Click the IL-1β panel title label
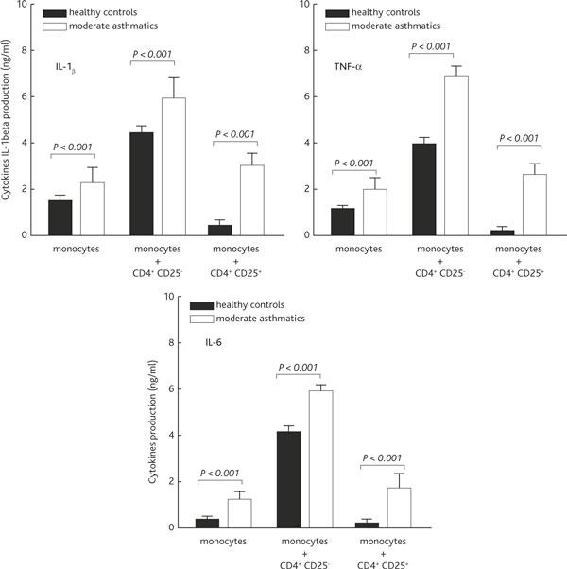67,68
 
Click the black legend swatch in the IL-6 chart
201,306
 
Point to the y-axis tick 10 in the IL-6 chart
167,296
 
